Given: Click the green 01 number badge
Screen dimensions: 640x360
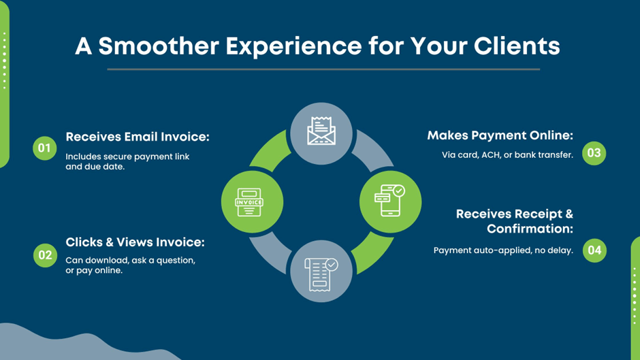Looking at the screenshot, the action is [x=44, y=148].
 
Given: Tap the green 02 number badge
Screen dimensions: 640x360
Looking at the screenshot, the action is [x=45, y=255].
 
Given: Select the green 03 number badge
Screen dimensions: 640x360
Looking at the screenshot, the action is [x=594, y=153].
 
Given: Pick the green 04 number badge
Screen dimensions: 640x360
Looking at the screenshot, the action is [x=594, y=250].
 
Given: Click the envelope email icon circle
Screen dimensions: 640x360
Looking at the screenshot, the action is [x=321, y=133].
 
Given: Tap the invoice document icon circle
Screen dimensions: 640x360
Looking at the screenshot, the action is [x=252, y=202].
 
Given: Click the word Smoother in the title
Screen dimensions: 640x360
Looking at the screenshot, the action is [x=159, y=46].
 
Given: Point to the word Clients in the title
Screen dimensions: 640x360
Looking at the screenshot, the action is [x=517, y=46].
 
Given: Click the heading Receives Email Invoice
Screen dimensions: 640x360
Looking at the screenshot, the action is [x=138, y=137].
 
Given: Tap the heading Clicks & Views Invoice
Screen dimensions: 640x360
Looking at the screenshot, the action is [x=135, y=242].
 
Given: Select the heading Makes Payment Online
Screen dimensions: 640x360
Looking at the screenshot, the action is [x=500, y=135].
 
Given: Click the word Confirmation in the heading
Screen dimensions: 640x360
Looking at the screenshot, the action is [x=530, y=229].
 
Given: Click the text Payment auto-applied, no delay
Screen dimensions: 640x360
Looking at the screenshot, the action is [x=503, y=250].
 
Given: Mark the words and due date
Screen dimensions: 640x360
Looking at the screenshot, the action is [x=95, y=167].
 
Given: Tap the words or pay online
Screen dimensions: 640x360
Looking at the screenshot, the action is [x=94, y=271].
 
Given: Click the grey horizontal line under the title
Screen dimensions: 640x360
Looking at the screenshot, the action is [x=323, y=69].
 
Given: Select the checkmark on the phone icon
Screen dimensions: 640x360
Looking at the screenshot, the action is [x=399, y=191].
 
